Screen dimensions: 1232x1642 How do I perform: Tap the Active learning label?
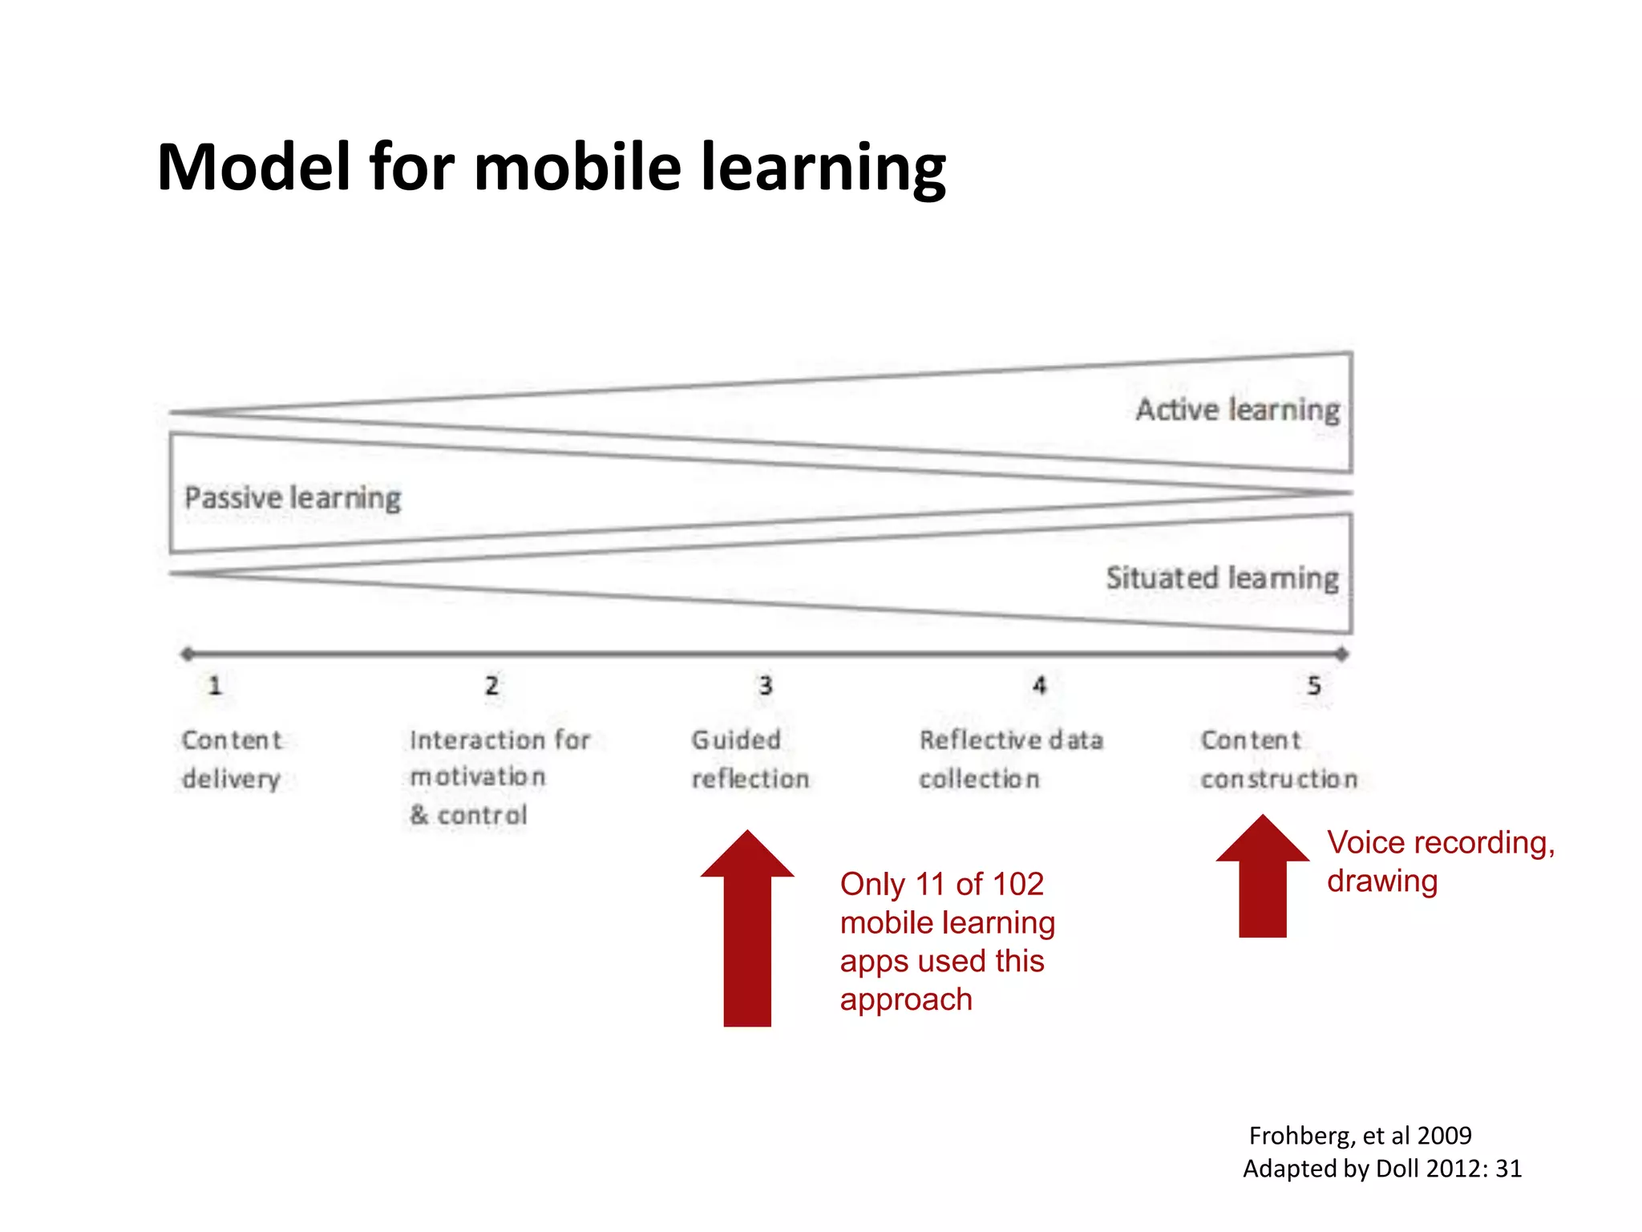1237,409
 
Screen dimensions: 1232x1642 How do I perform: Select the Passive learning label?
292,497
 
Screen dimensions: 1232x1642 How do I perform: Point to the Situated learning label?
1222,577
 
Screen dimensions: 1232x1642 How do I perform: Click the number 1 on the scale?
215,686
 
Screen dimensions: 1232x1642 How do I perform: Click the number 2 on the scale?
491,686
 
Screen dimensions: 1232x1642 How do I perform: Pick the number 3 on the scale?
766,686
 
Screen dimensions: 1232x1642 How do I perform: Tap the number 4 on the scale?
1039,686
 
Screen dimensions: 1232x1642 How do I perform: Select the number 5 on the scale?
1313,686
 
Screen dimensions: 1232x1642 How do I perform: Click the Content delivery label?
231,759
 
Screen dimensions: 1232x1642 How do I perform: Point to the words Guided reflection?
750,759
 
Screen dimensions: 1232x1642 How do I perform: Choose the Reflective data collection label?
1010,759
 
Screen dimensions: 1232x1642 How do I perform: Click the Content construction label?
1278,759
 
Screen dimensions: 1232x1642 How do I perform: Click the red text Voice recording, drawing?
1439,861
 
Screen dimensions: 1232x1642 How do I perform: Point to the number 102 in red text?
1017,884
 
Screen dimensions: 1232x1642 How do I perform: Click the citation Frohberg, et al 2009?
1360,1135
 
